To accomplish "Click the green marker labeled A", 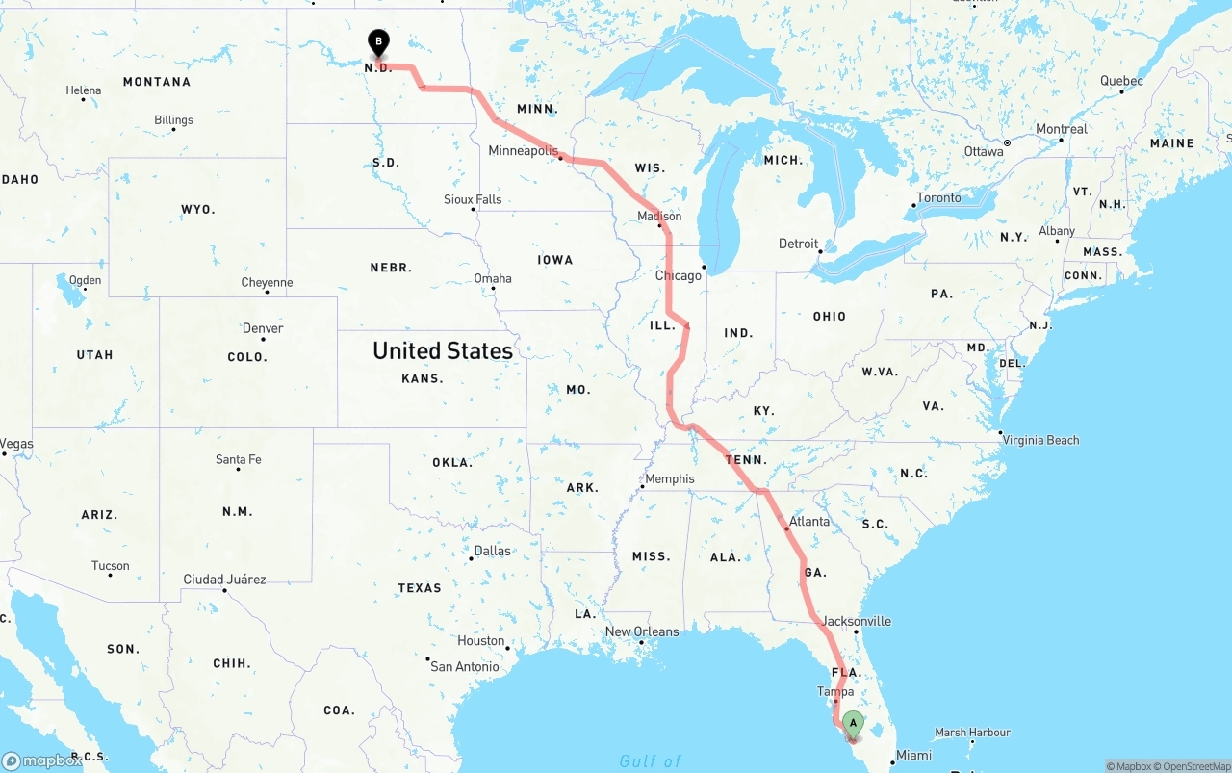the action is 852,724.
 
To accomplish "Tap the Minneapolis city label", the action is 523,151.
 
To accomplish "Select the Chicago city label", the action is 679,275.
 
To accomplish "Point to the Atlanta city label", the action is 808,522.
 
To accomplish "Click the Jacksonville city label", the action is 857,621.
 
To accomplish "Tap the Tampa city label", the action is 834,691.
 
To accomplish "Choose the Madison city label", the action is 659,217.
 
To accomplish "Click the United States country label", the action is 443,350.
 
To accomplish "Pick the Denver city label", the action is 263,328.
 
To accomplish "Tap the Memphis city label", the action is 669,478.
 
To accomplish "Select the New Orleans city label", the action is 641,631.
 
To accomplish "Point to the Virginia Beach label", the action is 1040,440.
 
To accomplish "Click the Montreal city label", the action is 1061,129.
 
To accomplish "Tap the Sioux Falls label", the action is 473,199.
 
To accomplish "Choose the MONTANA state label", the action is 157,82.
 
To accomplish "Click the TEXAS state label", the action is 420,588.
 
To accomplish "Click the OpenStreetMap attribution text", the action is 1193,766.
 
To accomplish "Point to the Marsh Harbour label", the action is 972,733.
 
